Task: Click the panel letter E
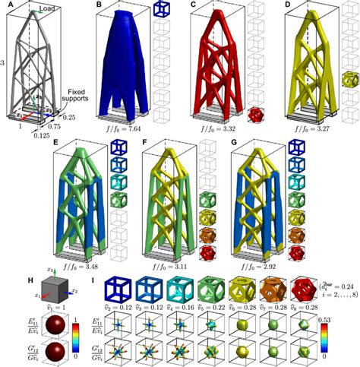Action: (x=55, y=142)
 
